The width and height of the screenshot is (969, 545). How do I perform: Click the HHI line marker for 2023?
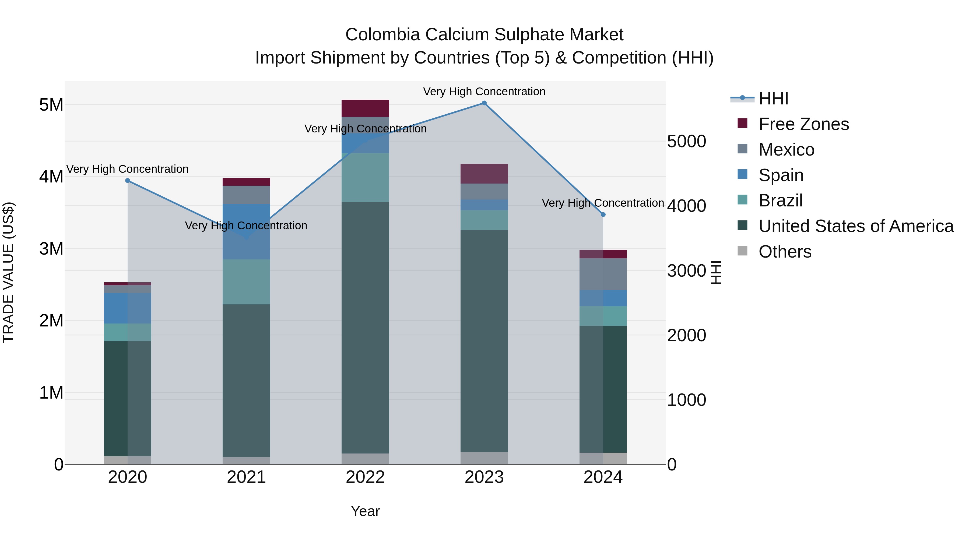(x=484, y=103)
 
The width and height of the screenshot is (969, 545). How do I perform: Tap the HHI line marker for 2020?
(x=128, y=181)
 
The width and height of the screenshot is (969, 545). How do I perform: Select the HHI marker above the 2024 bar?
(x=603, y=215)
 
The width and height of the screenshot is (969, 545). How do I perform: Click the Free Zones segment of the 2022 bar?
(x=365, y=108)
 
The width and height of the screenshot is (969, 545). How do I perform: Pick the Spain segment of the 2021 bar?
(x=246, y=232)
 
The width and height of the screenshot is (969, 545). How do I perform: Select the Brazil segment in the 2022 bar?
(x=365, y=178)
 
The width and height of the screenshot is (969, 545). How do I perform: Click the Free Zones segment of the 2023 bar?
(x=484, y=174)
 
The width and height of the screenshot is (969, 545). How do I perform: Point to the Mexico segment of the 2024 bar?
(x=603, y=274)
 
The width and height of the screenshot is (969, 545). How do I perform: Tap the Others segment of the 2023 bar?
(x=484, y=458)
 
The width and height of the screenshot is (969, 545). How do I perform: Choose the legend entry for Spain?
(x=781, y=175)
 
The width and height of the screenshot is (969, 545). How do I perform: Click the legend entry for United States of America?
(x=856, y=226)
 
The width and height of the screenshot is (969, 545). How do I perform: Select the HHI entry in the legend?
(x=773, y=99)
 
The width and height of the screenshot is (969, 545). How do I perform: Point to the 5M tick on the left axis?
(x=51, y=105)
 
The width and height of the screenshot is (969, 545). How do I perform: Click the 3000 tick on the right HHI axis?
(x=686, y=271)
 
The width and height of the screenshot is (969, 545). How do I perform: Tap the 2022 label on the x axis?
(x=365, y=477)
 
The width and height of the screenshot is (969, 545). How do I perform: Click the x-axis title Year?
(x=365, y=511)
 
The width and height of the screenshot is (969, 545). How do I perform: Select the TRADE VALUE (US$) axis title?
(x=8, y=272)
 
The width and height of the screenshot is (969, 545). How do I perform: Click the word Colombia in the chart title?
(x=382, y=35)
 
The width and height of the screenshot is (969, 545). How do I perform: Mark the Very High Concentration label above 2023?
(x=484, y=92)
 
